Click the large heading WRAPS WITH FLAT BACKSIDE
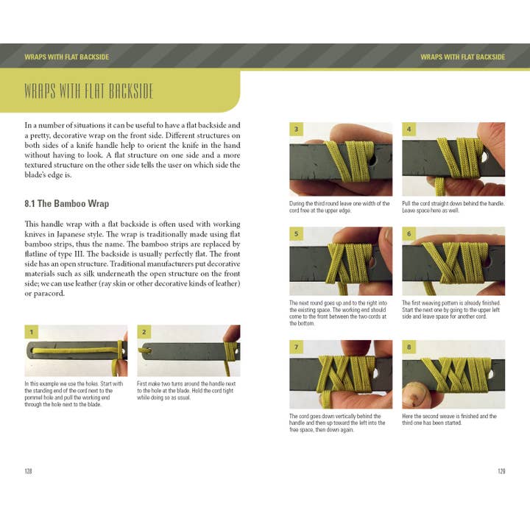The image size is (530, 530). [89, 92]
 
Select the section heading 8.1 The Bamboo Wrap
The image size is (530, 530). [67, 203]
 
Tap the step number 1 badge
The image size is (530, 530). [32, 332]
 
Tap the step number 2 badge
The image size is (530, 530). [144, 332]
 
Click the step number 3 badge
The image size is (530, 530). [297, 130]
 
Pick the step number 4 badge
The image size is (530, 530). [409, 130]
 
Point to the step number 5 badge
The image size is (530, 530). [297, 234]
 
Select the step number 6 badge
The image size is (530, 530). [409, 234]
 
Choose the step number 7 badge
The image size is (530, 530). [297, 347]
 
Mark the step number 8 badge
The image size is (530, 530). [409, 347]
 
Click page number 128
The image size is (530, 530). [29, 471]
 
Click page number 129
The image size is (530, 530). [501, 471]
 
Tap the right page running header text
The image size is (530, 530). [462, 57]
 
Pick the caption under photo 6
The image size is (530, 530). [451, 311]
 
